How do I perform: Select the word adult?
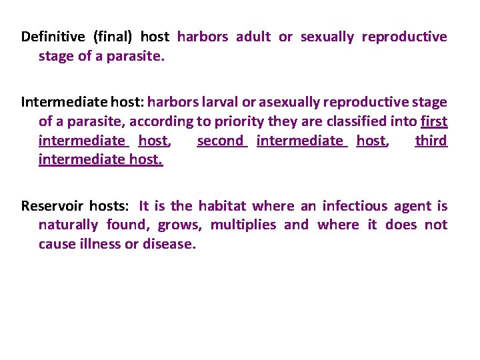point(253,37)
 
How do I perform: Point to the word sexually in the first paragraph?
point(327,37)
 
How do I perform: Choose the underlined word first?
point(434,121)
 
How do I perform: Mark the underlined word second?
point(221,141)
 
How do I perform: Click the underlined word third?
point(431,141)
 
